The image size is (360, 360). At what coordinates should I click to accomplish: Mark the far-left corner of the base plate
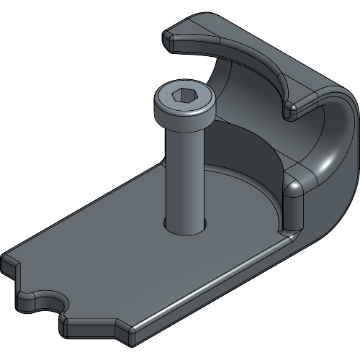tap(9, 261)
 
